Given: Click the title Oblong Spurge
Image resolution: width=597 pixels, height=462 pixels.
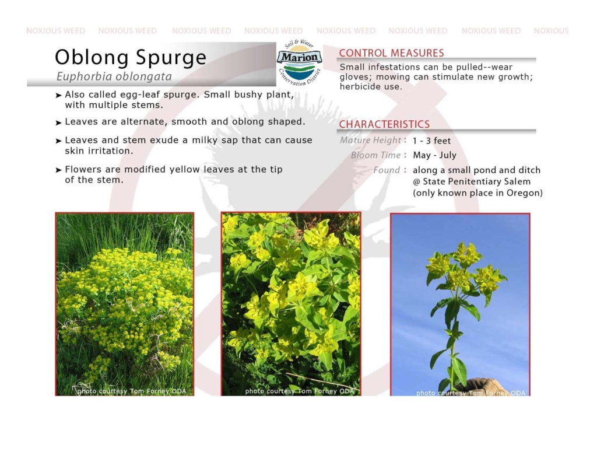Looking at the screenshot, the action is tap(131, 58).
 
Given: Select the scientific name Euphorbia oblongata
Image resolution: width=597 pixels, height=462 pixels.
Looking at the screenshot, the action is tap(114, 76).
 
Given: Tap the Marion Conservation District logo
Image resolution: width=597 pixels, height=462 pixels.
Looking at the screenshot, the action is tap(299, 62).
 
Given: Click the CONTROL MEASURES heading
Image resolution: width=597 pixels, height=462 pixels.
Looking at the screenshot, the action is tap(391, 53).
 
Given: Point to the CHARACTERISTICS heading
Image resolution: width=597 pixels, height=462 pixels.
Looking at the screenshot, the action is tap(384, 125).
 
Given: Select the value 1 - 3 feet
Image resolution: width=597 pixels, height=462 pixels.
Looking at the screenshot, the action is tap(431, 141).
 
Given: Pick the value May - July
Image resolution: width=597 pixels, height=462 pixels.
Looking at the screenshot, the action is tap(434, 155).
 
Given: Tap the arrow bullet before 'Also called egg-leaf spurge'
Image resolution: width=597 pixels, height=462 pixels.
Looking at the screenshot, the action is tap(58, 95).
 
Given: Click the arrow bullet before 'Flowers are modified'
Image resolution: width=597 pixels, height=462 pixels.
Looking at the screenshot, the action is tap(58, 170).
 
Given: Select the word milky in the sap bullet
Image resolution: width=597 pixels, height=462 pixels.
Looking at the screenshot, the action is tap(207, 140).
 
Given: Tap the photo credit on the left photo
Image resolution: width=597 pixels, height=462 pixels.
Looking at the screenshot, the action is tap(132, 391).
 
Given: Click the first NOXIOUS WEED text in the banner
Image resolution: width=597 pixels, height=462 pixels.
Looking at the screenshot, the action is tap(55, 31).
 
